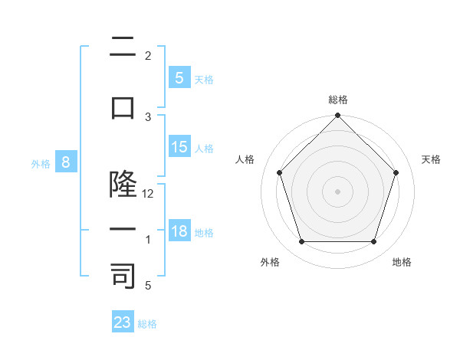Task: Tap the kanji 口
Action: [123, 109]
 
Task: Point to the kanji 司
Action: [123, 275]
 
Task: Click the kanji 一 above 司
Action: [123, 230]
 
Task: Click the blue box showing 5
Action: [179, 77]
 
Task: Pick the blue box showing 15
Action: [179, 147]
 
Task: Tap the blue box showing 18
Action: [179, 231]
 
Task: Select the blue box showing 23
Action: [123, 322]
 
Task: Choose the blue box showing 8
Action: [66, 162]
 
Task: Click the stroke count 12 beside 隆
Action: [148, 194]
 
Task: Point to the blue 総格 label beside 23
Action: [147, 324]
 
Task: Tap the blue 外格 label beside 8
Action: [40, 164]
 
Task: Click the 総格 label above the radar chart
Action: [337, 100]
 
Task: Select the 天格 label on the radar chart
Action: [431, 159]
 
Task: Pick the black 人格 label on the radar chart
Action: [245, 159]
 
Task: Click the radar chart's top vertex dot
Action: [337, 116]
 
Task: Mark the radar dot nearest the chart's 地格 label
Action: [373, 242]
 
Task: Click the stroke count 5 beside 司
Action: [149, 286]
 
